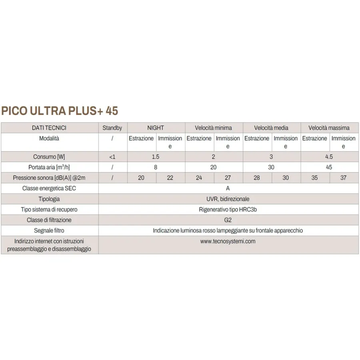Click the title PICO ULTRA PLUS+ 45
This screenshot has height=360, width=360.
tap(60, 110)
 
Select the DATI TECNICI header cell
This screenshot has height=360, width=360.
tap(49, 128)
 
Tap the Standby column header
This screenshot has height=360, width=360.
tap(112, 128)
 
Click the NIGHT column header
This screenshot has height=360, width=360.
tap(156, 128)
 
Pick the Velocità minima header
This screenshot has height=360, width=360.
tap(213, 128)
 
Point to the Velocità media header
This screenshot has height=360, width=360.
tap(271, 128)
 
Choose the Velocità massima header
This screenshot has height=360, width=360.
tap(329, 128)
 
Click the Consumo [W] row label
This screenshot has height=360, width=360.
tap(49, 157)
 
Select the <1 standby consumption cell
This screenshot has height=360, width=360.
tap(112, 157)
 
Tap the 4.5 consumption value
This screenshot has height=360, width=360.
tap(329, 157)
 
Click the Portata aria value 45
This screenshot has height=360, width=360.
tap(329, 167)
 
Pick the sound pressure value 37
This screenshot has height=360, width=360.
tap(343, 178)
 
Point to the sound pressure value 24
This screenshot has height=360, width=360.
tap(199, 178)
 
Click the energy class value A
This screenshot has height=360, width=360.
tap(228, 188)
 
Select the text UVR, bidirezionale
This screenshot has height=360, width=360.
tap(228, 199)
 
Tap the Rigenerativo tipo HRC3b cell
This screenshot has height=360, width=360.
tap(228, 209)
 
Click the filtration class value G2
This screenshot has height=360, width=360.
tap(228, 220)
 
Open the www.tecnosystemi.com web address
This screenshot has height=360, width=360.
tap(228, 241)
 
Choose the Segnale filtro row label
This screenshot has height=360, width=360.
tap(49, 230)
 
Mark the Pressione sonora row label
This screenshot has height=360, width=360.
tap(49, 178)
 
